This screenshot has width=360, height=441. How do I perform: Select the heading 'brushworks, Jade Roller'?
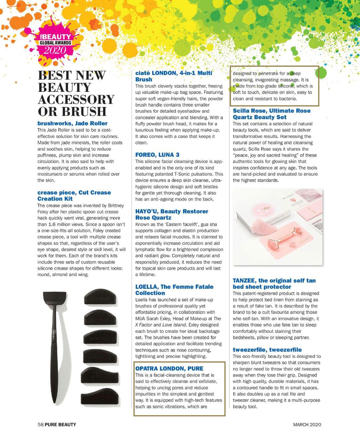72,123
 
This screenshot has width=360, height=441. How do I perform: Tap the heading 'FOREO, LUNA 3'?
157,155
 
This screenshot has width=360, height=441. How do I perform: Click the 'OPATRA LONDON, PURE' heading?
169,368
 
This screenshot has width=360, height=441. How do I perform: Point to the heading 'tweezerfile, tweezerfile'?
267,350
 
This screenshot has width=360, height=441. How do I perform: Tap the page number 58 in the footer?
40,425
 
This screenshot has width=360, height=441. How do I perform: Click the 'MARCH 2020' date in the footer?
307,425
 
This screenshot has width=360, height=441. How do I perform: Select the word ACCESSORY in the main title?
76,99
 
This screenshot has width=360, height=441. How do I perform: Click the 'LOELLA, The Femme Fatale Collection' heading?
174,290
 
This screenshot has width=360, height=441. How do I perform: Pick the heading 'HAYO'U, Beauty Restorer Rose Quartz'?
172,215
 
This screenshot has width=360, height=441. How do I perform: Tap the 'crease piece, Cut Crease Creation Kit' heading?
74,195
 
